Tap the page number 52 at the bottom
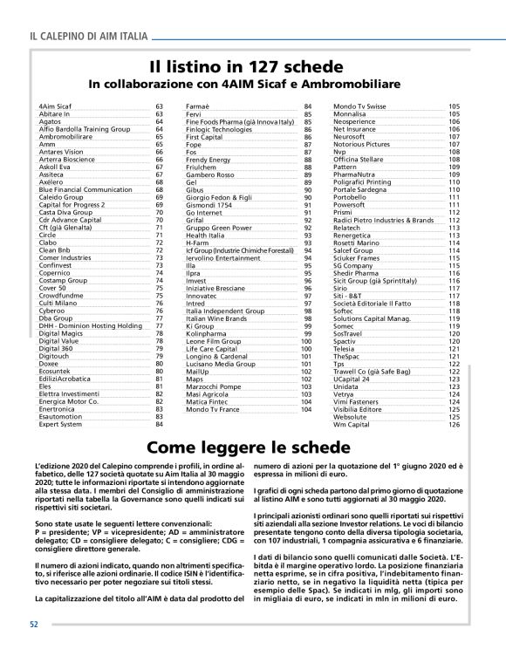coord(33,625)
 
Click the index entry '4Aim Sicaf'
coord(57,106)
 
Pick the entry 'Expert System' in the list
coord(61,424)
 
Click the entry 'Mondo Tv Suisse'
coord(359,106)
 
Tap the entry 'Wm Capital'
coord(352,424)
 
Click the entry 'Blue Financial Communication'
coord(85,189)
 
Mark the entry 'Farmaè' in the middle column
coord(199,106)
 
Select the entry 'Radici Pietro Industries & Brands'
coord(383,221)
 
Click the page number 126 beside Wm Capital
coord(454,424)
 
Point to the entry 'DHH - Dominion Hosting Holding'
coord(91,325)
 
